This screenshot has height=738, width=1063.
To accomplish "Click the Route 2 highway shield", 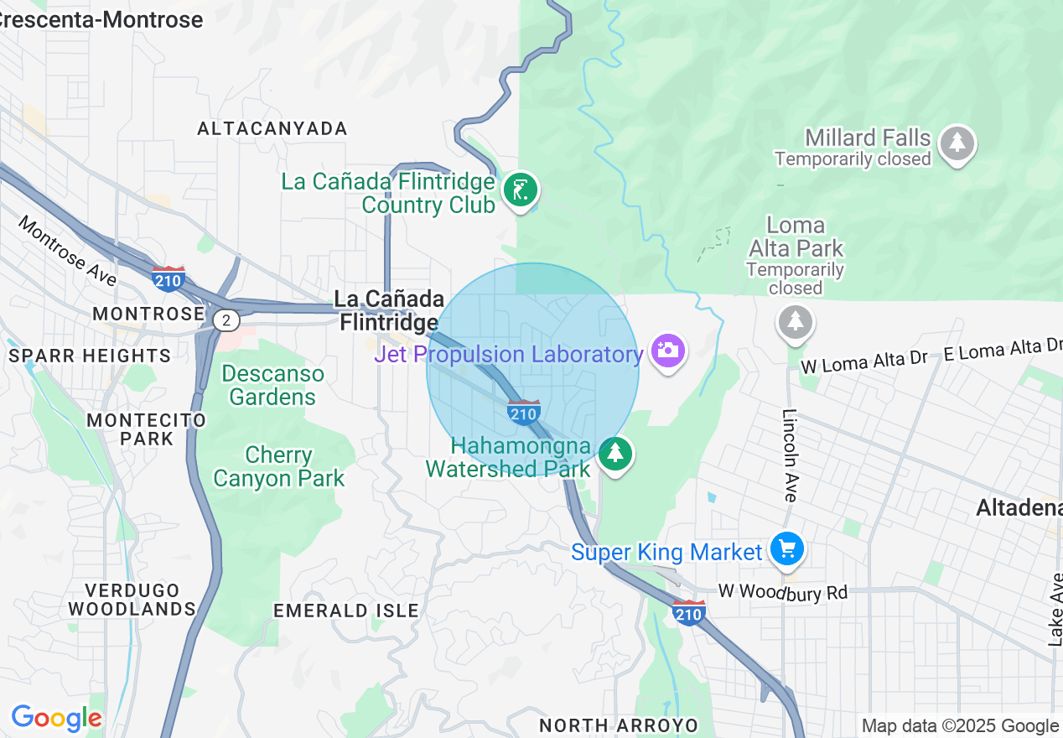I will click(226, 320).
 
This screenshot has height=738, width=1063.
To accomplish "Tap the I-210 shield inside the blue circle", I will click(523, 412).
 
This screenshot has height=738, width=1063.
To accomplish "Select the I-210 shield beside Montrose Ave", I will click(169, 278).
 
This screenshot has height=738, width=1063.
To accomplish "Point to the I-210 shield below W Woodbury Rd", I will click(688, 613).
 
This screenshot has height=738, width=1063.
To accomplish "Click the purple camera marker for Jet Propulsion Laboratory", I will click(667, 351).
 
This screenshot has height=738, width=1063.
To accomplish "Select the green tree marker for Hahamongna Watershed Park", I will click(616, 454).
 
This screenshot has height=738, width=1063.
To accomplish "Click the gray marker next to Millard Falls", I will click(957, 143).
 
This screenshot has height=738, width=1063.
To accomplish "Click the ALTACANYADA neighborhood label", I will click(272, 128).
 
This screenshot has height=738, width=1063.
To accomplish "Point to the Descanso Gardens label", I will click(272, 385).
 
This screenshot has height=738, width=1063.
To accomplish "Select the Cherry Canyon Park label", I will click(278, 467).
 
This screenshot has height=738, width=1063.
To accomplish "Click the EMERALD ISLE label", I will click(346, 611).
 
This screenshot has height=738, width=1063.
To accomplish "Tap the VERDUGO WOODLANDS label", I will click(132, 600).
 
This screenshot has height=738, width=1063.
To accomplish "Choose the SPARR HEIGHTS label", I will click(90, 356).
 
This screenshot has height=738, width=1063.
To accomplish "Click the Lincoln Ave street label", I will click(789, 455).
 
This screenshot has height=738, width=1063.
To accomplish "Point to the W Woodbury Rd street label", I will click(782, 593).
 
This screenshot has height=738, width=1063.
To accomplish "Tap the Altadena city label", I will click(1019, 507).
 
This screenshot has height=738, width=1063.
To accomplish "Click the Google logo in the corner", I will click(56, 719).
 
